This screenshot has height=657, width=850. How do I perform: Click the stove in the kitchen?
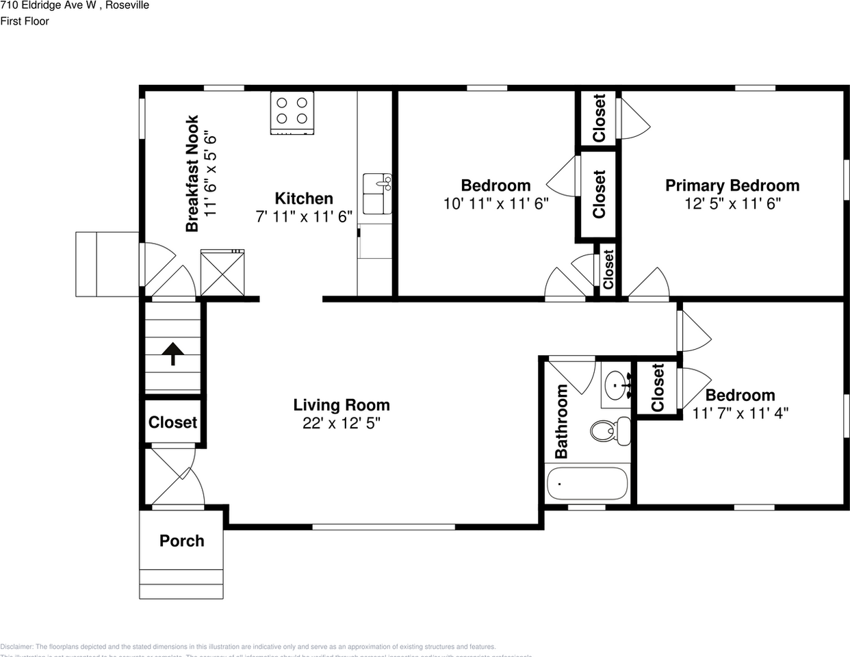coord(292,112)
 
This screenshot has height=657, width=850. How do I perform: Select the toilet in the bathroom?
coord(610,430)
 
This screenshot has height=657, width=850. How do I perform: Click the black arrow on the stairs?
coord(172,353)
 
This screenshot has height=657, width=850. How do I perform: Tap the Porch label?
coord(181,541)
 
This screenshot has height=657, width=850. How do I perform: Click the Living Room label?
coord(342,405)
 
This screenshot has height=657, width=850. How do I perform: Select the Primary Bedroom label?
coord(732,185)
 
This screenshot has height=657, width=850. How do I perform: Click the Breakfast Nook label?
coord(192,173)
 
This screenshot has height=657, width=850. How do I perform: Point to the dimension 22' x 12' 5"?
coord(342,424)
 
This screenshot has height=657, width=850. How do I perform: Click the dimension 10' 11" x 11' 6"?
coord(496,204)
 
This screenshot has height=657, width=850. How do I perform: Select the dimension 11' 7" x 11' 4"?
coord(740,413)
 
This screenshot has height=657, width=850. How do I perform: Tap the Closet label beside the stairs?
coord(172,422)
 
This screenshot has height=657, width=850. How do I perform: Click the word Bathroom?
coord(561,421)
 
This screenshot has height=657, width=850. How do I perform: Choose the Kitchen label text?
coord(304,198)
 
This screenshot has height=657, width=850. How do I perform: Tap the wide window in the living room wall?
coord(383,526)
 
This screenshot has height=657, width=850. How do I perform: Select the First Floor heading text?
coord(25,21)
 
